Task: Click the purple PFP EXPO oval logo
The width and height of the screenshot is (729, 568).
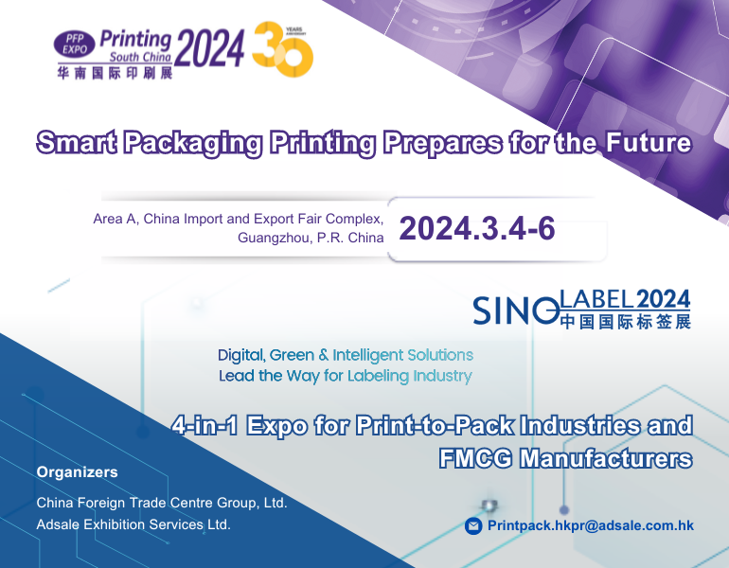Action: (75, 44)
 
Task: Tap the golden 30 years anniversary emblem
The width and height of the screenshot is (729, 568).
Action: (283, 49)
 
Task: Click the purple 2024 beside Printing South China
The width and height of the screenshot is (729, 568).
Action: (209, 48)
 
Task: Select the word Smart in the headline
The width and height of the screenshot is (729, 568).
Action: (78, 142)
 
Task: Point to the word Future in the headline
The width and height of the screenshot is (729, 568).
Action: (649, 142)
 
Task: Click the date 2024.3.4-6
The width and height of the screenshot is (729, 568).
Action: (477, 228)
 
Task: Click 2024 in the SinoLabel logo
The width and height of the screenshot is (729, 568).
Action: (663, 299)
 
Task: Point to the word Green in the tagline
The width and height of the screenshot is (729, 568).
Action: (292, 355)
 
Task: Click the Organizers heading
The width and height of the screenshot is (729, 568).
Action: (78, 472)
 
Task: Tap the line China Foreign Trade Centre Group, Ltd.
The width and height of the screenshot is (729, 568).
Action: (162, 503)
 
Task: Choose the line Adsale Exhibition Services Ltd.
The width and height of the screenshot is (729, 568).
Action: (133, 524)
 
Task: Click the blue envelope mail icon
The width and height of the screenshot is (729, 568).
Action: (473, 525)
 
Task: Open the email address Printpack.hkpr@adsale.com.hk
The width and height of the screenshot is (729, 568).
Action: (591, 525)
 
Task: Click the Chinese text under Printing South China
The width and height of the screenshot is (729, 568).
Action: (115, 73)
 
